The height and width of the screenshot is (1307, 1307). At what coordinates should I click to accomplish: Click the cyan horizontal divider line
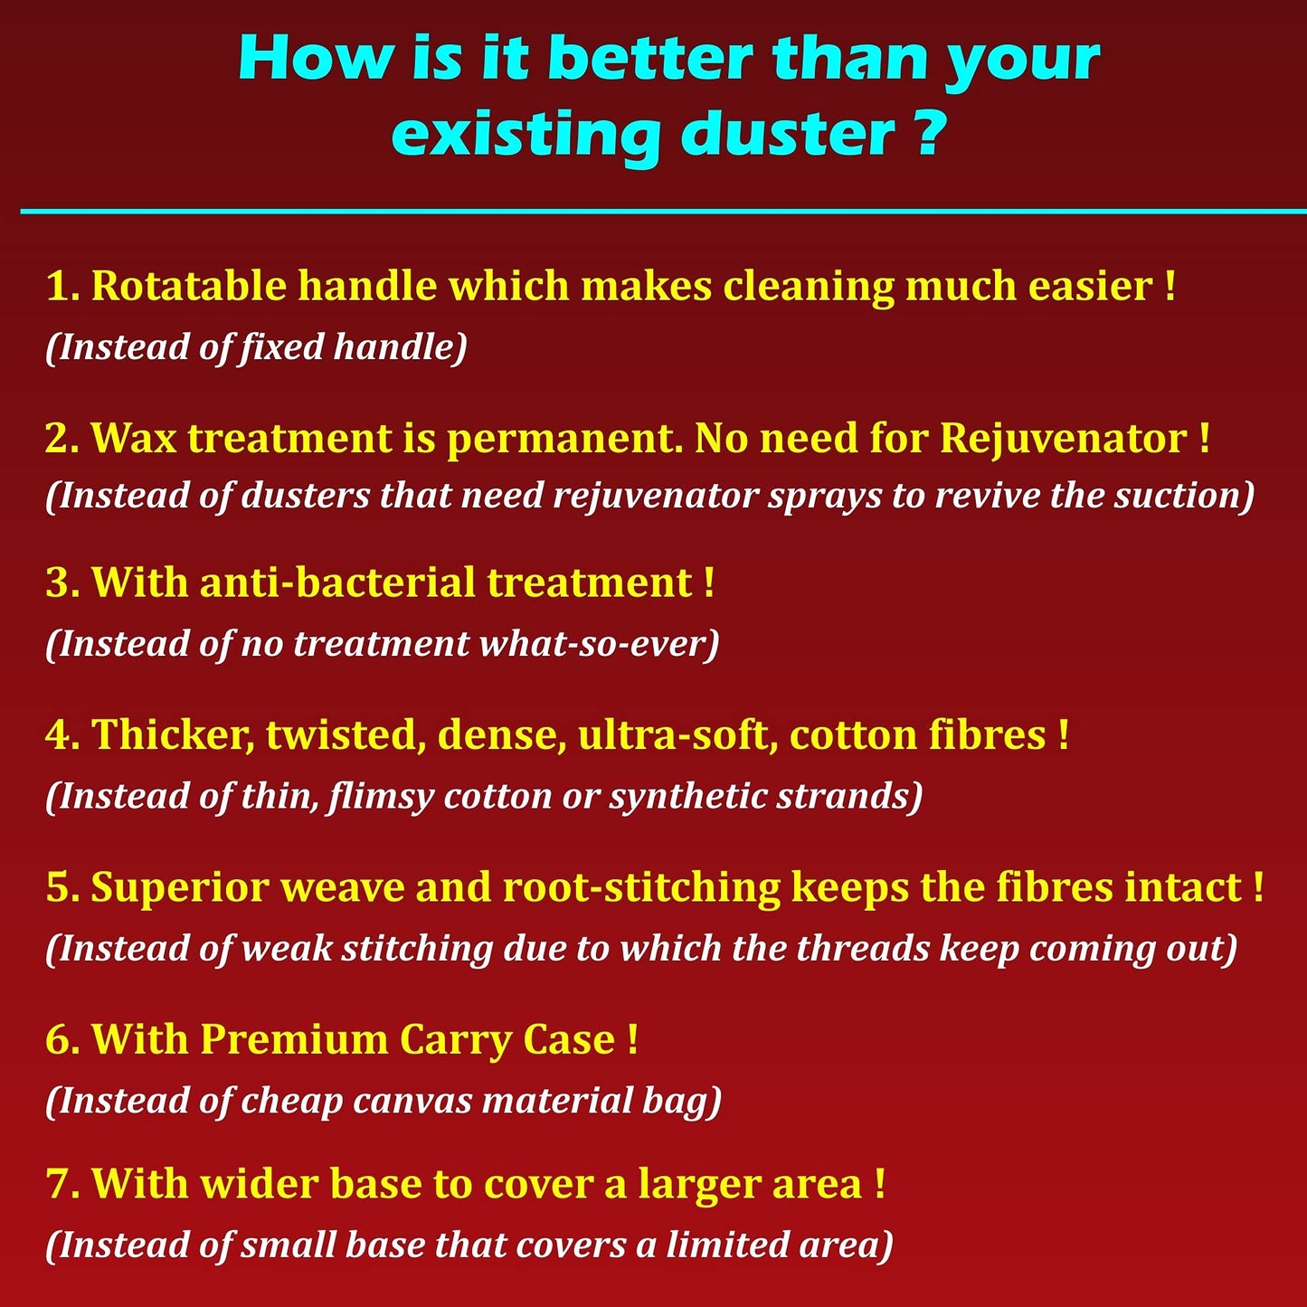click(663, 211)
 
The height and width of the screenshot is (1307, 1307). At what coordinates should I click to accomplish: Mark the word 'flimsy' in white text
click(380, 797)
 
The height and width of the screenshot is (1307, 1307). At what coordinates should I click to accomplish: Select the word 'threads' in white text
click(862, 949)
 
